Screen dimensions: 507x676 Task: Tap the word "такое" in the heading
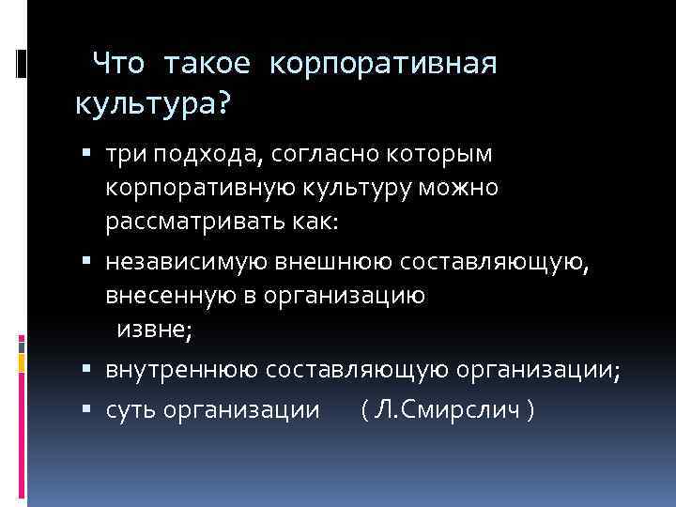click(x=207, y=64)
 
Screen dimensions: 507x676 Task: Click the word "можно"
click(x=467, y=189)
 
